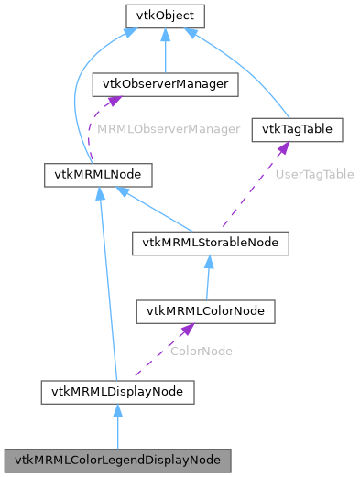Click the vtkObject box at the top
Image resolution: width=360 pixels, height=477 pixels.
165,16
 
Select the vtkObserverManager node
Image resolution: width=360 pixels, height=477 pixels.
166,84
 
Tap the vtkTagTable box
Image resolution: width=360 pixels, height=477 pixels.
297,129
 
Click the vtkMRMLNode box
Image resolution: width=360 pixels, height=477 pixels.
98,173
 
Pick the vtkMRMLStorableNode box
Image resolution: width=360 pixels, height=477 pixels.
211,243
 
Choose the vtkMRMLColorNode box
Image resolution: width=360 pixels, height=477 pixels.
205,311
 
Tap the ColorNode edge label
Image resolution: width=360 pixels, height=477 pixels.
202,351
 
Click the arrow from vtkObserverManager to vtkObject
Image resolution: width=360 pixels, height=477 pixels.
165,50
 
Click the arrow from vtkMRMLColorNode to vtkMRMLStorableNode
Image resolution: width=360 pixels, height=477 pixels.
209,277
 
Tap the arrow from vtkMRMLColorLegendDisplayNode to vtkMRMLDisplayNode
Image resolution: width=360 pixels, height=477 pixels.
116,426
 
